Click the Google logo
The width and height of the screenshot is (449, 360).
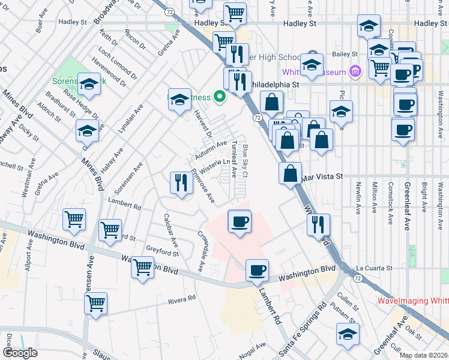[x=20, y=353]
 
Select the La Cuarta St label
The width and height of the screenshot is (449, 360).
[x=373, y=268]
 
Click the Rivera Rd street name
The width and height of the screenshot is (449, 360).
[x=182, y=298]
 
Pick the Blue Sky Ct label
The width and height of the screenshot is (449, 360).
[x=245, y=160]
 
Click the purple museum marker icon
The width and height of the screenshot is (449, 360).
[x=355, y=72]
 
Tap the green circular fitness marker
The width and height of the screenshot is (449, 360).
[x=220, y=96]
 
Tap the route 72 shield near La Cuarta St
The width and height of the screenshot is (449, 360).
[x=358, y=278]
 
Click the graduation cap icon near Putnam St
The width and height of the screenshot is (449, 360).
[x=348, y=334]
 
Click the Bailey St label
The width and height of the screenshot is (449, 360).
[x=340, y=54]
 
